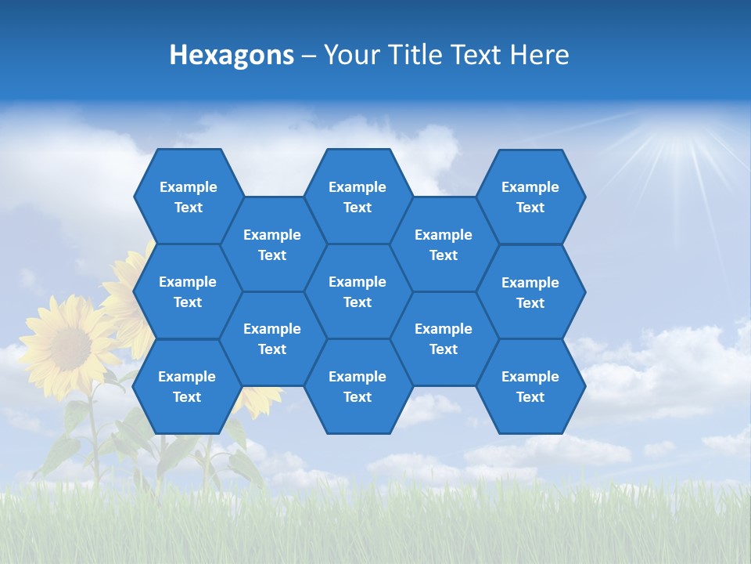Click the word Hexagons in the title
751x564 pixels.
[x=232, y=55]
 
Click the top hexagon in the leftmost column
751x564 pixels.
[x=188, y=197]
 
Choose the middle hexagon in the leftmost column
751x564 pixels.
[x=188, y=291]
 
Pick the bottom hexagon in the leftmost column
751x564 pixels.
[x=187, y=386]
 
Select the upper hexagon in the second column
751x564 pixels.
[x=272, y=244]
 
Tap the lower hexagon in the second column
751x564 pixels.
[x=272, y=338]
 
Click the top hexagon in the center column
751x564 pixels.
[x=358, y=197]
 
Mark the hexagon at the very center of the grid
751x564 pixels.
[x=358, y=291]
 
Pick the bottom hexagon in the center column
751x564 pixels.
[x=358, y=386]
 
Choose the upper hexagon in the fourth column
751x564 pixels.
[x=444, y=244]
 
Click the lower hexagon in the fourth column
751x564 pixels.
[x=444, y=338]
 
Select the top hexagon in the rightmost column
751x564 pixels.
[x=530, y=197]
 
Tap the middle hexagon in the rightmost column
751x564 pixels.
[x=530, y=292]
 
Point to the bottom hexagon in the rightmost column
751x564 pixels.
[x=530, y=386]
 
